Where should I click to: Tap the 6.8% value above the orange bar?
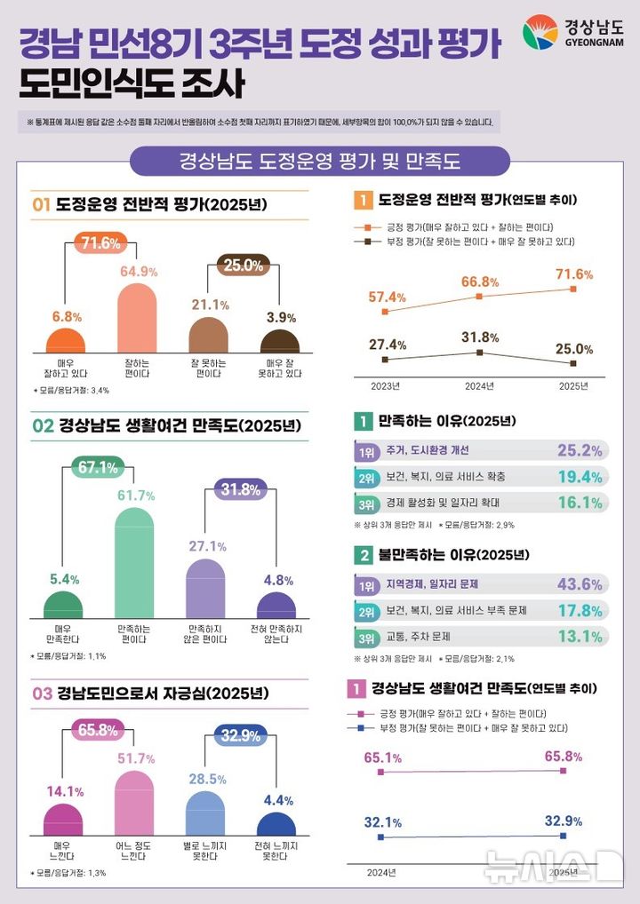pos(67,316)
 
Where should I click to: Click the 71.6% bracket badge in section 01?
pos(100,242)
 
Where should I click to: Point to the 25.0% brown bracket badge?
pos(243,265)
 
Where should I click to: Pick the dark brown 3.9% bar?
pos(279,342)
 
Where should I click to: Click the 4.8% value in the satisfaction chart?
pos(278,580)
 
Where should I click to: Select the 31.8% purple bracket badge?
pos(243,489)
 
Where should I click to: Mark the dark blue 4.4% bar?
pos(277,824)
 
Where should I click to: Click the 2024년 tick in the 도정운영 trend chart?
pos(479,386)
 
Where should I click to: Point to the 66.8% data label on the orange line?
pos(480,282)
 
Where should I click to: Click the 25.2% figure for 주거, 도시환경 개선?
pos(580,450)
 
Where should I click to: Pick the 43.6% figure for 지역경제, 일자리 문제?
pos(580,584)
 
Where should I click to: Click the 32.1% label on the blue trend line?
pos(383,821)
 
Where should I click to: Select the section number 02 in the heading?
pos(44,427)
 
